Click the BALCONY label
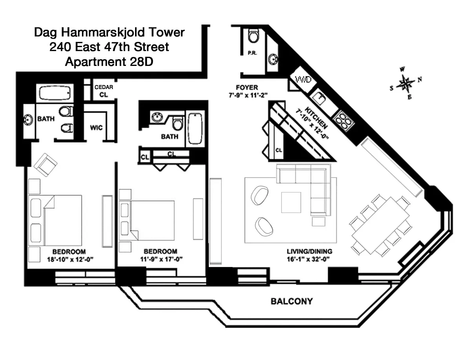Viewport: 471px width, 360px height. click(291, 301)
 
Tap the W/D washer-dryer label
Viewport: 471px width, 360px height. click(303, 80)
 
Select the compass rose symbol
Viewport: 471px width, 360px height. click(405, 84)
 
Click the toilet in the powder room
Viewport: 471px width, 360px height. click(254, 36)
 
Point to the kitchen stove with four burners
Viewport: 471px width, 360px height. click(343, 121)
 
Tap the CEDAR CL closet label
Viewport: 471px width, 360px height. click(104, 91)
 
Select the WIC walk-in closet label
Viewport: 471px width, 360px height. click(96, 128)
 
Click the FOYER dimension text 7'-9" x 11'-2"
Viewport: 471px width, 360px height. click(248, 95)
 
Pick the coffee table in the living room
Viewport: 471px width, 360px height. click(291, 202)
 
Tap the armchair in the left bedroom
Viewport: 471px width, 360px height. click(46, 165)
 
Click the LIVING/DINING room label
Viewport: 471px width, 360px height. click(309, 251)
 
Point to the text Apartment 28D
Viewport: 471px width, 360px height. click(109, 62)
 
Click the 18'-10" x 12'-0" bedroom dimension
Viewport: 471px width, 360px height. click(70, 260)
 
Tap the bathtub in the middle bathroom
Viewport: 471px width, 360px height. click(195, 129)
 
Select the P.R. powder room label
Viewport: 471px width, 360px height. click(252, 53)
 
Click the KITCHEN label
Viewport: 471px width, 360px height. click(316, 118)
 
